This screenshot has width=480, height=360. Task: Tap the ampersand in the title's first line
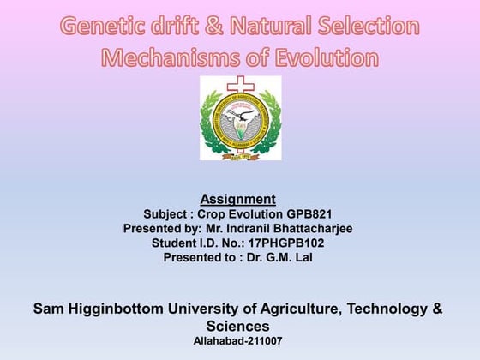tap(212, 27)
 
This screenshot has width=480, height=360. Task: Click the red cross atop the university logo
tap(240, 86)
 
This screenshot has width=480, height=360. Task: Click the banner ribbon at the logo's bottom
tap(240, 155)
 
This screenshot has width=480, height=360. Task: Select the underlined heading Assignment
tap(239, 200)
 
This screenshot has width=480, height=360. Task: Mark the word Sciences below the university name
tap(237, 327)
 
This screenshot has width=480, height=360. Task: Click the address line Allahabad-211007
tap(238, 341)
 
